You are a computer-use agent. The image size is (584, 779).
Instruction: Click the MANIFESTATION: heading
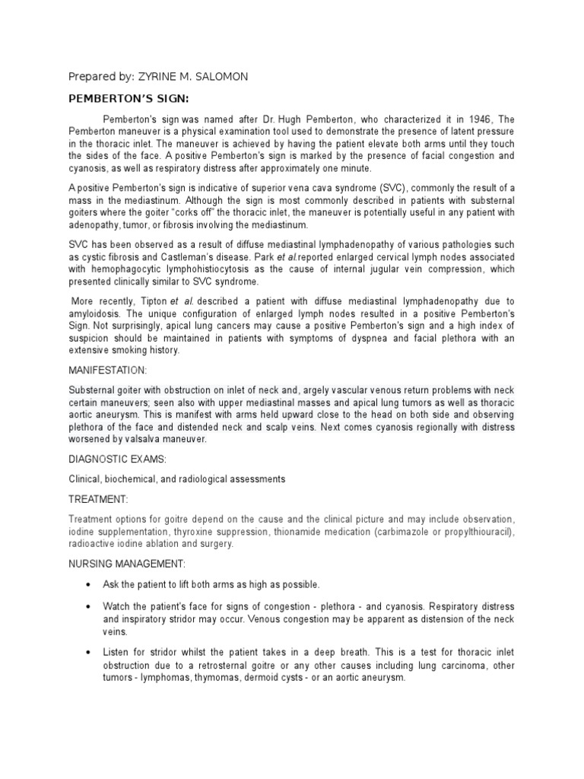pyautogui.click(x=107, y=370)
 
